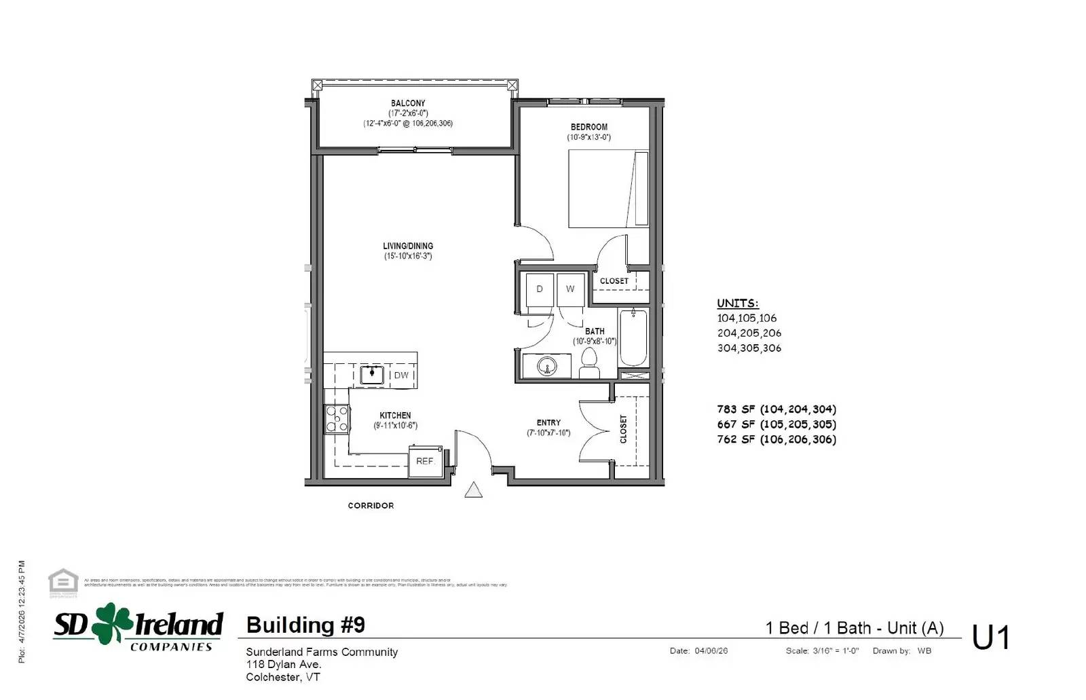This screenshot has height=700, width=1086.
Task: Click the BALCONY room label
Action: point(408,103)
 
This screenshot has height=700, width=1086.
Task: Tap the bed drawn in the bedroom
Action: point(608,189)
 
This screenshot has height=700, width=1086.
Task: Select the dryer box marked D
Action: point(540,289)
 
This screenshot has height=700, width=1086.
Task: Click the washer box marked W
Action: point(570,289)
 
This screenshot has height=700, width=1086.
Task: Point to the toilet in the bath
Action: point(589,364)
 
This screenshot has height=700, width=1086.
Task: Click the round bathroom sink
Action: point(546,367)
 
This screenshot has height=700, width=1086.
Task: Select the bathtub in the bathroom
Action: point(633,337)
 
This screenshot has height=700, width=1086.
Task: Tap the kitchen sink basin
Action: point(372,374)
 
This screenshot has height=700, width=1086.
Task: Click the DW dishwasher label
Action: point(401,375)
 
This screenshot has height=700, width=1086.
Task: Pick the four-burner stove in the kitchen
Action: point(337,418)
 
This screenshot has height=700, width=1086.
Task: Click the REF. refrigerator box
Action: point(425,461)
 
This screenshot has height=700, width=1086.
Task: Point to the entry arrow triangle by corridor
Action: point(473,490)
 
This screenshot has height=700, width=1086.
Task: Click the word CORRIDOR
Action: point(371,506)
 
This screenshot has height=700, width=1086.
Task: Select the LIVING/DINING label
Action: point(408,246)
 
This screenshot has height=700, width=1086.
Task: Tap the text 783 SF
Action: point(736,409)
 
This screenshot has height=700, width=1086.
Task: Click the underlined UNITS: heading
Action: point(738,303)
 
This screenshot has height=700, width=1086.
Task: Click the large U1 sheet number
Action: point(990,638)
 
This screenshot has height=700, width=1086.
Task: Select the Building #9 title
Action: point(305,625)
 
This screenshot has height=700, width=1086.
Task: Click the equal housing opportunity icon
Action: point(63,583)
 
